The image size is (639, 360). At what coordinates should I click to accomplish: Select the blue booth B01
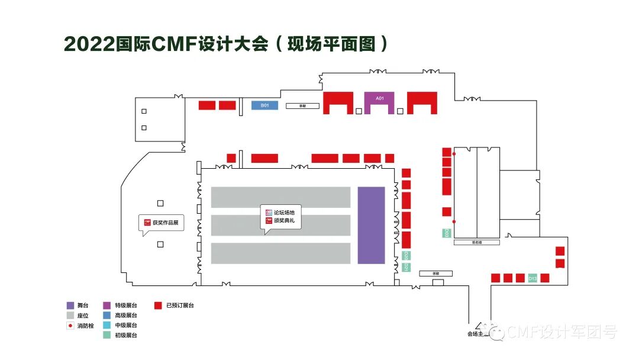[x=265, y=105]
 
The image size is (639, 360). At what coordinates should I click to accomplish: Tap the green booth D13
[x=532, y=278]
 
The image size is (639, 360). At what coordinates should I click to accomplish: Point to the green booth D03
[x=447, y=233]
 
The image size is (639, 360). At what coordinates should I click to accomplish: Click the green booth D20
[x=406, y=256]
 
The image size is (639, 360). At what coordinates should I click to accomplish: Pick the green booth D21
[x=406, y=267]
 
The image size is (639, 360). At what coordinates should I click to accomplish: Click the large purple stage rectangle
[x=371, y=225]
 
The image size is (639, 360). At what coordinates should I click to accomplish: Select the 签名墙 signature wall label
[x=477, y=242]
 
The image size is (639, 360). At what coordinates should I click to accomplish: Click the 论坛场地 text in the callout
[x=288, y=212]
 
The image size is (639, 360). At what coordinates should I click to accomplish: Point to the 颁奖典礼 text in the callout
[x=288, y=221]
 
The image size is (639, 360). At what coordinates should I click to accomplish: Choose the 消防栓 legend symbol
[x=70, y=326]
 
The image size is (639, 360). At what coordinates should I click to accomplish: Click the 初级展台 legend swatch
[x=106, y=336]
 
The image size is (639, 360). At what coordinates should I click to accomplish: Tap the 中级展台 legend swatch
[x=106, y=326]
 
